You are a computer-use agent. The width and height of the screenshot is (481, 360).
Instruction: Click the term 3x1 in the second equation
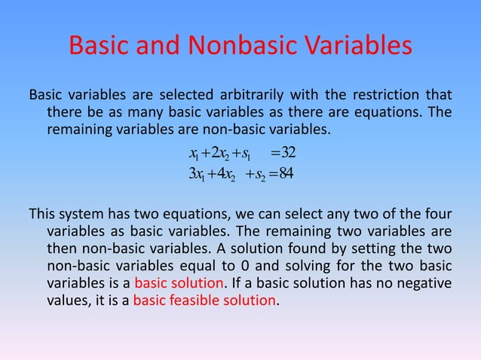pos(202,176)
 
